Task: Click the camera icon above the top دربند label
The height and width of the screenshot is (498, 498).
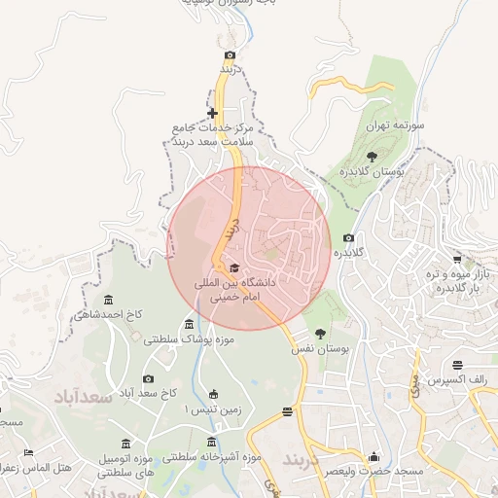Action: (x=230, y=55)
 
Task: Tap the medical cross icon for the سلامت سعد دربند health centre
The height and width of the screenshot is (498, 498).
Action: (x=212, y=114)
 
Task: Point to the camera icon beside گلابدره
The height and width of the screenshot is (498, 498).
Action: (x=348, y=238)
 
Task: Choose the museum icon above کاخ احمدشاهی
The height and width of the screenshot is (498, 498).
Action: (x=107, y=299)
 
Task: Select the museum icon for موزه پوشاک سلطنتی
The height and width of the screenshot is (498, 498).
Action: (x=189, y=324)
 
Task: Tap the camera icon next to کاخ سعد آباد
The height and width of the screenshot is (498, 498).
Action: (x=148, y=378)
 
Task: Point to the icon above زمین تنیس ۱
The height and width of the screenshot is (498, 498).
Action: (x=214, y=394)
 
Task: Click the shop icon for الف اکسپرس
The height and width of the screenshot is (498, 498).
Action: (x=485, y=365)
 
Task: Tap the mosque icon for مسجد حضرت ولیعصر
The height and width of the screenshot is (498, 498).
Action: (x=373, y=456)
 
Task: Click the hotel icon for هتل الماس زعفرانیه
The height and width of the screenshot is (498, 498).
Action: (x=28, y=453)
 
